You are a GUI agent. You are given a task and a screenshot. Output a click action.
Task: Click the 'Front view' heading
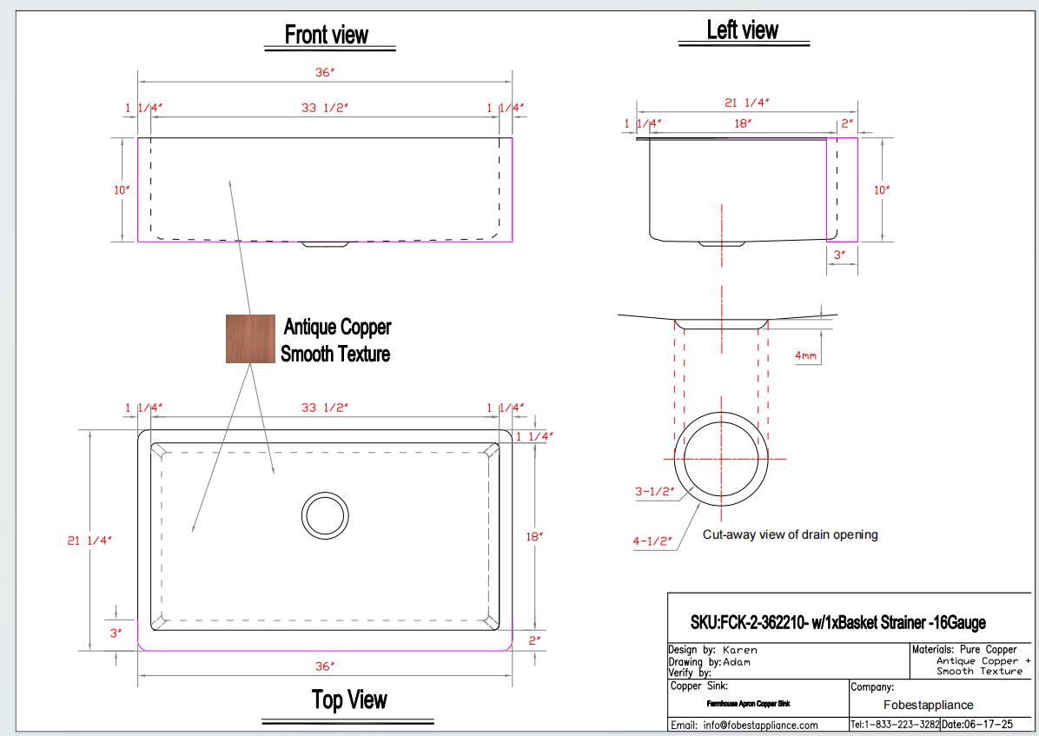pos(326,35)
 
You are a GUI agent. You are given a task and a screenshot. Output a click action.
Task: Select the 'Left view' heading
pos(742,30)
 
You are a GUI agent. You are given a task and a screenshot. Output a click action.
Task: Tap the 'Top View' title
pos(349,700)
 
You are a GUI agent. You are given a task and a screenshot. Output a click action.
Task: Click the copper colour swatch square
pos(250,339)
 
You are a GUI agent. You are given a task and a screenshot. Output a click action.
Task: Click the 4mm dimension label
pos(806,356)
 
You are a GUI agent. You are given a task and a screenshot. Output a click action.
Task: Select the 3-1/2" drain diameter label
pos(655,491)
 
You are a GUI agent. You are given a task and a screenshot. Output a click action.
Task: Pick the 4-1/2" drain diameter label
pos(652,541)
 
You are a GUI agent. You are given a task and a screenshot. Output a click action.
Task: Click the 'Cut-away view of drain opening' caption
pos(790,534)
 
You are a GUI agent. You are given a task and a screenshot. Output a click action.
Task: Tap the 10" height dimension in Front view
pos(122,190)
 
